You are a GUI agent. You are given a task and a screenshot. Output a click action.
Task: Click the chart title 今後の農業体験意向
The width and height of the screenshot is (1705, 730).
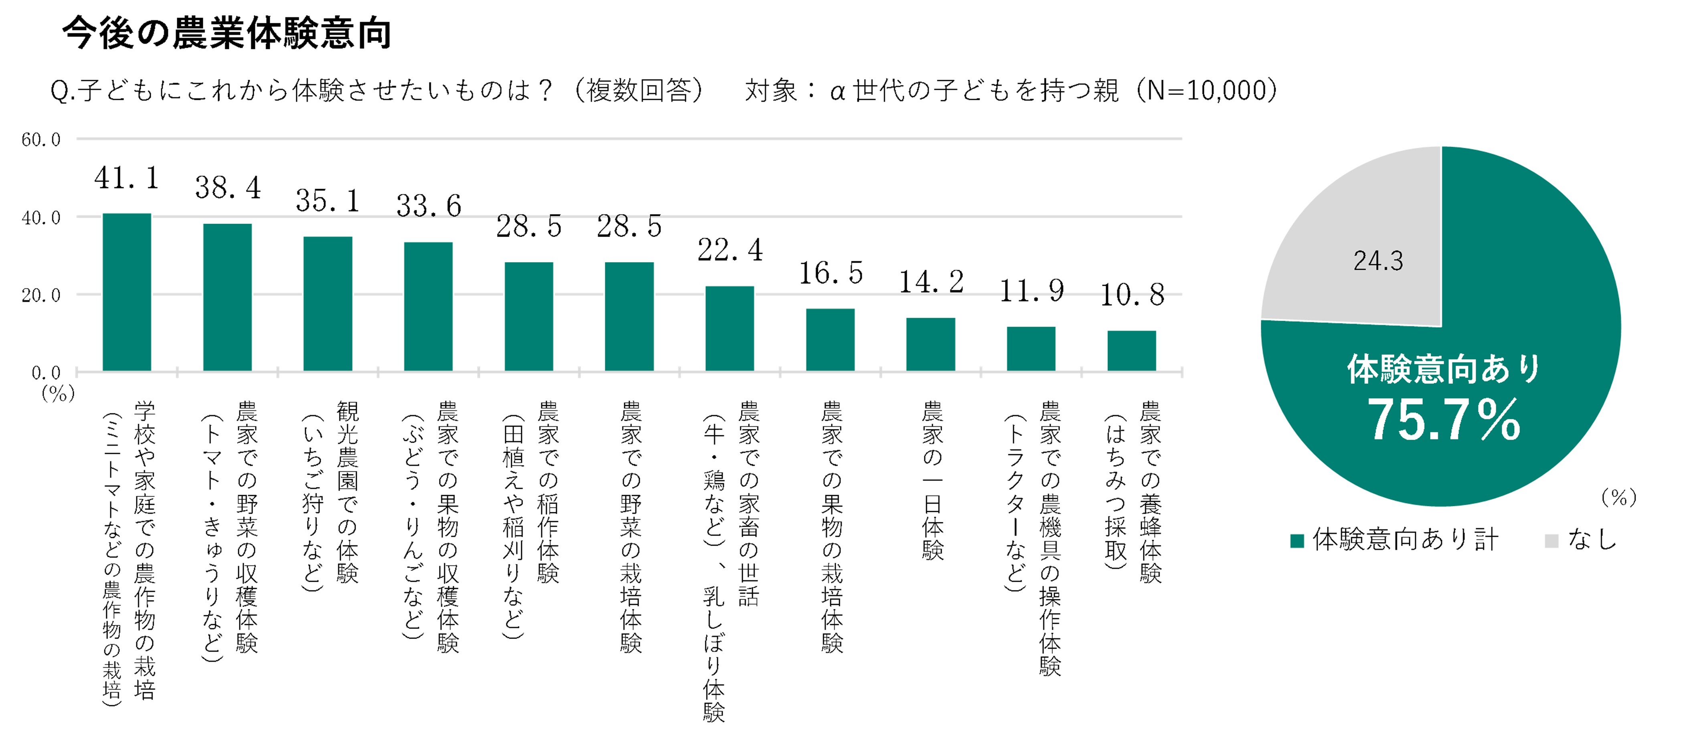(227, 33)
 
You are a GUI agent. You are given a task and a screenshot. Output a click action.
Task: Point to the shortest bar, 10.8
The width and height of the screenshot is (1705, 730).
(1131, 351)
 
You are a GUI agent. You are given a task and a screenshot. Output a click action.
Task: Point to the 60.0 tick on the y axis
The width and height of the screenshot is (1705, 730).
(41, 140)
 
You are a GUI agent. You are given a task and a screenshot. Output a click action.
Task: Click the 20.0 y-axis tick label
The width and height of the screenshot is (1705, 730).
(41, 295)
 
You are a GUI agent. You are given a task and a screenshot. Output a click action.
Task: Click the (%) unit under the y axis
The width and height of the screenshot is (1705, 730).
(58, 394)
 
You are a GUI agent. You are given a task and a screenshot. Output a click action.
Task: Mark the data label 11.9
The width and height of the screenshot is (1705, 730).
(1031, 291)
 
